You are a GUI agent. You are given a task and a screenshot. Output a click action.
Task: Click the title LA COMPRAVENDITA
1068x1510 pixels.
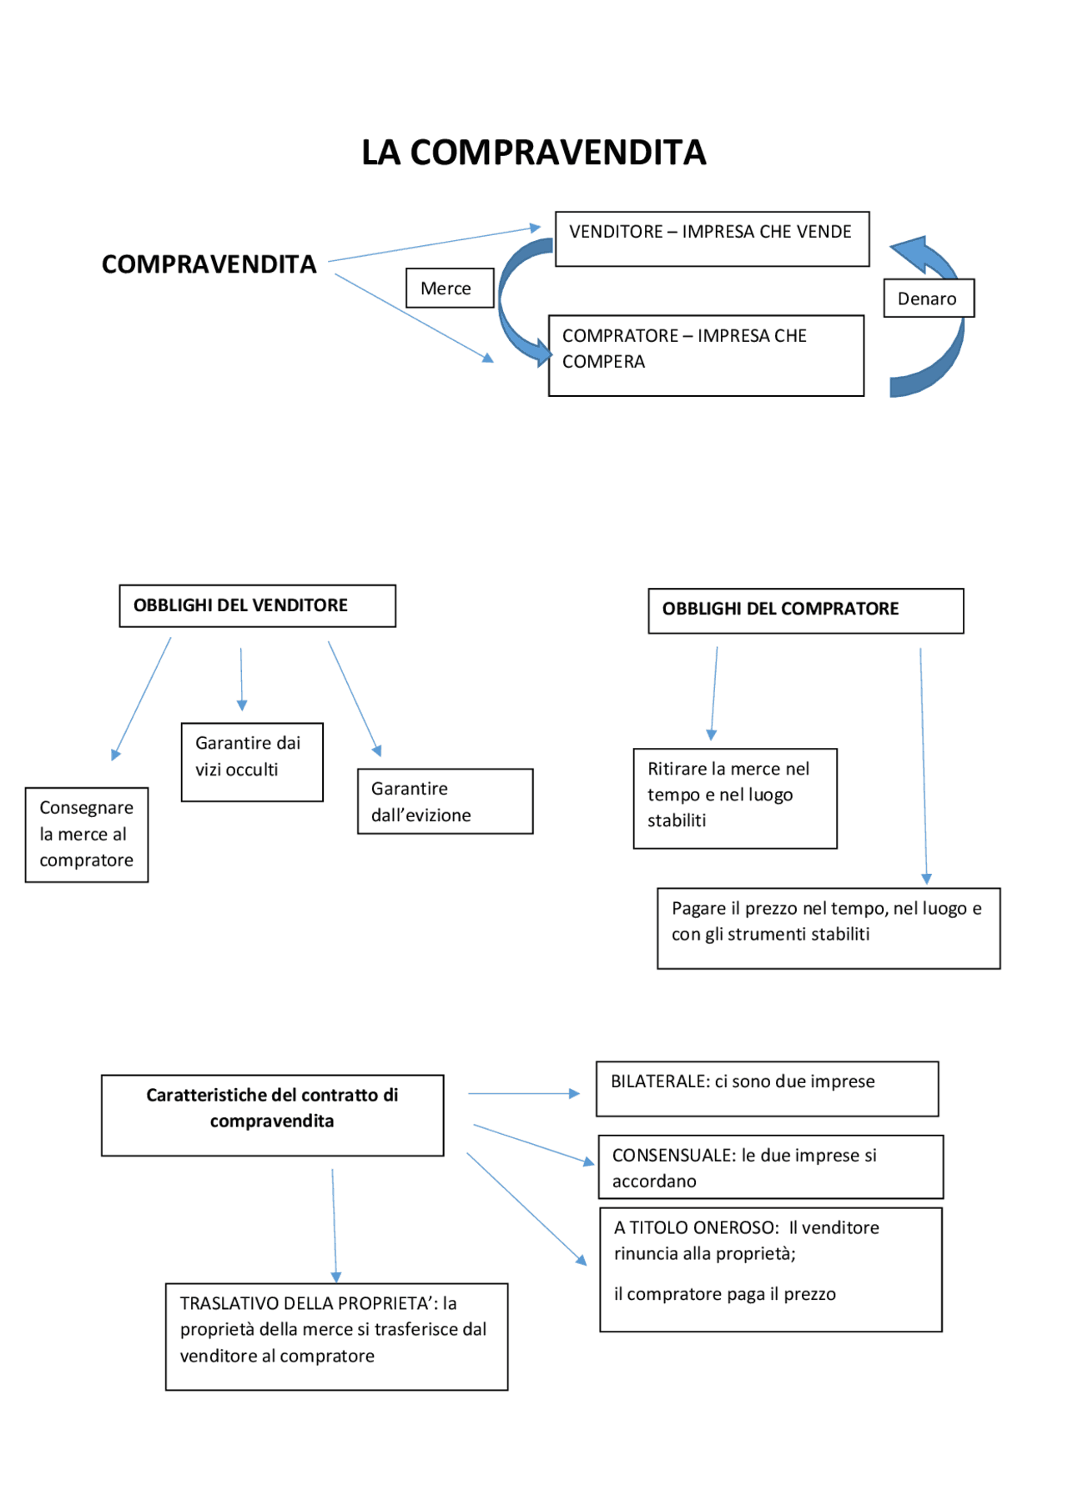(x=533, y=153)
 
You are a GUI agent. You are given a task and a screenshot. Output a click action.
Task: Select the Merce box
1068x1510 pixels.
(x=449, y=288)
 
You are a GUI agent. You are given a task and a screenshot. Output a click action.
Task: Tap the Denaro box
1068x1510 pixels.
(x=928, y=298)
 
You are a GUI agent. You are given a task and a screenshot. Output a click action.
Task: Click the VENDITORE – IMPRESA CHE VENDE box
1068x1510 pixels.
(x=711, y=238)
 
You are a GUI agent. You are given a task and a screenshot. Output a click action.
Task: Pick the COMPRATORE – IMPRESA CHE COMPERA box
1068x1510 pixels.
(x=705, y=355)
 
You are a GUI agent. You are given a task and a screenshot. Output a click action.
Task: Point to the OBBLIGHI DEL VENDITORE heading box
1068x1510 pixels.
(x=257, y=605)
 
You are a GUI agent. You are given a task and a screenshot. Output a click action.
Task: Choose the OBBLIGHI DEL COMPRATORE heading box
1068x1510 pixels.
(x=805, y=610)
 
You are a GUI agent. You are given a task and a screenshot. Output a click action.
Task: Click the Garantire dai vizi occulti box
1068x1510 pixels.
(x=252, y=761)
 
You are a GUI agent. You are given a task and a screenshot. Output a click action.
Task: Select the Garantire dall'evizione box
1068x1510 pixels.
(x=445, y=801)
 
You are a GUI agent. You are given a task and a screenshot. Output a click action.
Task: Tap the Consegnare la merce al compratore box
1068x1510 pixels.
(x=87, y=835)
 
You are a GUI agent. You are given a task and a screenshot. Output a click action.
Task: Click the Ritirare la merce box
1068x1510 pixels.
(x=734, y=798)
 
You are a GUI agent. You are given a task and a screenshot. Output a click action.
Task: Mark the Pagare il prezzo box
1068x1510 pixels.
(x=828, y=927)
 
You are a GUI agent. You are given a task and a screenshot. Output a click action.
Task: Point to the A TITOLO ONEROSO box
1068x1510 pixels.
(x=770, y=1269)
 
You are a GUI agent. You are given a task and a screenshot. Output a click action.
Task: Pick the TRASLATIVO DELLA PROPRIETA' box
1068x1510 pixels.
(x=336, y=1336)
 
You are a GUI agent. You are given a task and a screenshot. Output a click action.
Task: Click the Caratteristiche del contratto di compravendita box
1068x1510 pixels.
(x=272, y=1115)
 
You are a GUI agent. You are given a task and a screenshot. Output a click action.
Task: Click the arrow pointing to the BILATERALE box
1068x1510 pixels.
(x=523, y=1093)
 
